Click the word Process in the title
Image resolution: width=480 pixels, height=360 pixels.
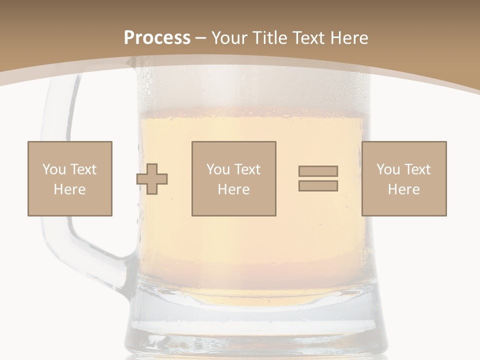[157, 38]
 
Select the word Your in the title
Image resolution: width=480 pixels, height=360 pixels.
[229, 38]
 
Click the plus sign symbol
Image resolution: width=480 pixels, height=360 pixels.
[152, 179]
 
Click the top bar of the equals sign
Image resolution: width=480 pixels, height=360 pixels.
[318, 171]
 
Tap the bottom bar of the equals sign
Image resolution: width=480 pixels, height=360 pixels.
[318, 186]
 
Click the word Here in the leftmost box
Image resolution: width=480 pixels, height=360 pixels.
[69, 189]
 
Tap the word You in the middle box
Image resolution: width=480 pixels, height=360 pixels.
[218, 169]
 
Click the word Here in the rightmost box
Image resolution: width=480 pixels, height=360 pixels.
[403, 189]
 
